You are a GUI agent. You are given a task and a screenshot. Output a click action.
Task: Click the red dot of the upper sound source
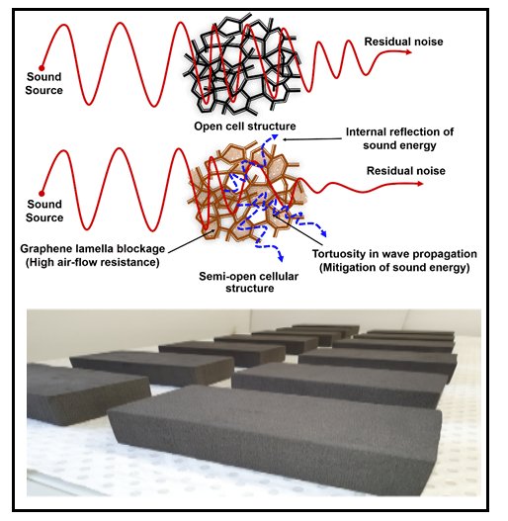coord(42,68)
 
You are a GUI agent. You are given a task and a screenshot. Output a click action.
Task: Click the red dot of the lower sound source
coord(42,194)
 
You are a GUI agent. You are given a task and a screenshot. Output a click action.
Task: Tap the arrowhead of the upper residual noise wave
coord(408,51)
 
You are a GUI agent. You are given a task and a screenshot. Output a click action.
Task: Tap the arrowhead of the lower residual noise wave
coord(419,184)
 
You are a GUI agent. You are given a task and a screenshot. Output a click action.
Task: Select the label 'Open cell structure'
coord(245,127)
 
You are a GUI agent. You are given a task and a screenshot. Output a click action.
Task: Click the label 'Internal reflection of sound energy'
coord(399,138)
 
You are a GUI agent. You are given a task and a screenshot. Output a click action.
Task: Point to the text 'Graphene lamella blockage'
coord(93,248)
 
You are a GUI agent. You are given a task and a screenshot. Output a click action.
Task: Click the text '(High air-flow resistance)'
coord(93,262)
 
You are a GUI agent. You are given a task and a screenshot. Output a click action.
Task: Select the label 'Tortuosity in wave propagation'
coord(394,254)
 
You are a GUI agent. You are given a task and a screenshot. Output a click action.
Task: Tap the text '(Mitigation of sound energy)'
coord(394,267)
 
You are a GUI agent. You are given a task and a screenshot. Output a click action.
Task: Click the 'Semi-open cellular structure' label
coord(249,282)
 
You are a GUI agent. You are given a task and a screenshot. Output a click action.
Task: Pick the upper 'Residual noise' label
coord(403,42)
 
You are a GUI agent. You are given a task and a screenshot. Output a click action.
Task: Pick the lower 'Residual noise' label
coord(406,171)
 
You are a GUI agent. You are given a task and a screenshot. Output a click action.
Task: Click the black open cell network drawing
coord(241,65)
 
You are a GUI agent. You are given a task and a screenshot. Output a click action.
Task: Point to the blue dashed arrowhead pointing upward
coord(275,136)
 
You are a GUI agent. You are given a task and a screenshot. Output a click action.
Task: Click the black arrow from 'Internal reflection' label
coord(312,138)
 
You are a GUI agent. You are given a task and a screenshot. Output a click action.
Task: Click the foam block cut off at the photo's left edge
coord(87,393)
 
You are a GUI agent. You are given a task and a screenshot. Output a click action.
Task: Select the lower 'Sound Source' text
coord(44,211)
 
